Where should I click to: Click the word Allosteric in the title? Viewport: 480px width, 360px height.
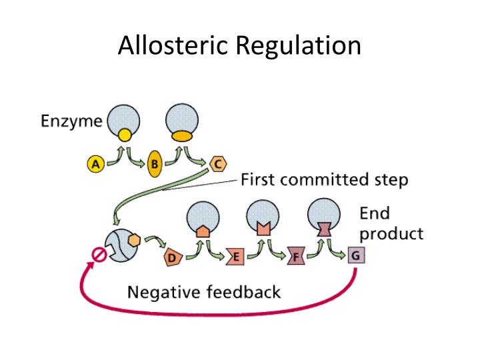(174, 45)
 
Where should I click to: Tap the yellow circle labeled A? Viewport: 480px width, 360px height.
(95, 163)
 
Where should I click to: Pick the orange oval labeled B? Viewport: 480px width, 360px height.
(155, 164)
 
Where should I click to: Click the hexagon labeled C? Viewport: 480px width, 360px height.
(217, 163)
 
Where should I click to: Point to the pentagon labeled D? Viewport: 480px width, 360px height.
(172, 257)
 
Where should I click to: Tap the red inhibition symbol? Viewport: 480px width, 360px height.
(99, 255)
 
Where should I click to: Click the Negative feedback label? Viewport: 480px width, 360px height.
(203, 292)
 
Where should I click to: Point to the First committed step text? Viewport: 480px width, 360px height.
(324, 179)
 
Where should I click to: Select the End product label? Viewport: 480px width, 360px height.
(391, 223)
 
